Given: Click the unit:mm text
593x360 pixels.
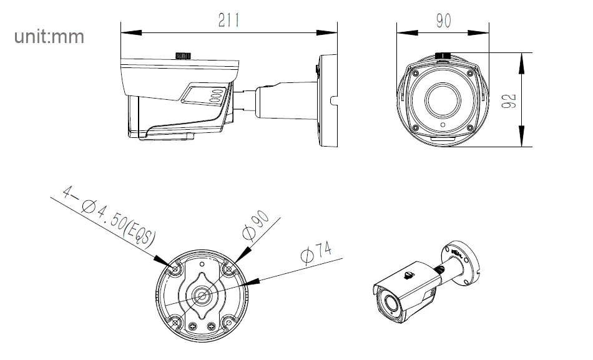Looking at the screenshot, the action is tap(49, 37).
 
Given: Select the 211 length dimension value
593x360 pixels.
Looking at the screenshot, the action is tap(229, 20).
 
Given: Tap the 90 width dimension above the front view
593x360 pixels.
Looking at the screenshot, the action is tap(443, 21).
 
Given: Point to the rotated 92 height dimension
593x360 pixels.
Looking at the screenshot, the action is tap(509, 100).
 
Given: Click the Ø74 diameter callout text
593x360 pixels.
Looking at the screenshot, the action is tap(316, 251).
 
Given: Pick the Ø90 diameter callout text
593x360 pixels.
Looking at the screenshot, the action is tap(256, 225).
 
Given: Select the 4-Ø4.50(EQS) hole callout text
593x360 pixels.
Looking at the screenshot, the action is tap(109, 216).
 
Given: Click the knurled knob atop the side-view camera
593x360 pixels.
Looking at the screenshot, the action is tap(184, 56).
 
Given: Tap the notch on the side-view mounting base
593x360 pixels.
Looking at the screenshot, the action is tap(333, 100).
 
